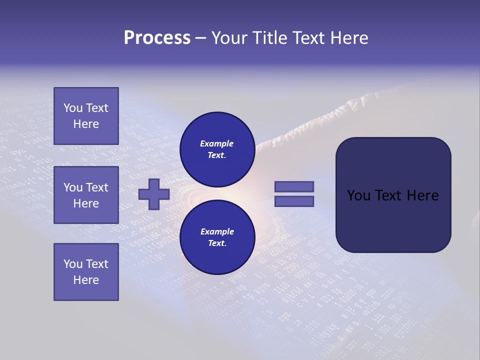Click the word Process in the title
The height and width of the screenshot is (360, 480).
coord(157,38)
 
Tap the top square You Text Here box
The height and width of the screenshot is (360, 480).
coord(86,116)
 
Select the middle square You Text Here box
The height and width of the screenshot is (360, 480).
coord(86,195)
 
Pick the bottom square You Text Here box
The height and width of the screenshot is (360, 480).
coord(86,272)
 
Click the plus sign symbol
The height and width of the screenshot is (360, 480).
coord(154,194)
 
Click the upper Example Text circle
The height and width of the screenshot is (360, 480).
coord(217,149)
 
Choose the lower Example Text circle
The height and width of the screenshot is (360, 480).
coord(217,237)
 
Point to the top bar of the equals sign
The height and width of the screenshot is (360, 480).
coord(294,186)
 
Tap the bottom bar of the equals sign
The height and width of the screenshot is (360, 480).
coord(294,201)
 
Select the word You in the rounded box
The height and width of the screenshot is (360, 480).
coord(358,195)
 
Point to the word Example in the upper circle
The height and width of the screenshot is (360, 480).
coord(217,143)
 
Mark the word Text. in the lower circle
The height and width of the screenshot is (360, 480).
coord(217,243)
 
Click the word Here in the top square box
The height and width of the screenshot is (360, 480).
coord(86,124)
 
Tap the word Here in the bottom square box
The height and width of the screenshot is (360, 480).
coord(86,280)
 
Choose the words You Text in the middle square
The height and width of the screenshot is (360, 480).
coord(86,187)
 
